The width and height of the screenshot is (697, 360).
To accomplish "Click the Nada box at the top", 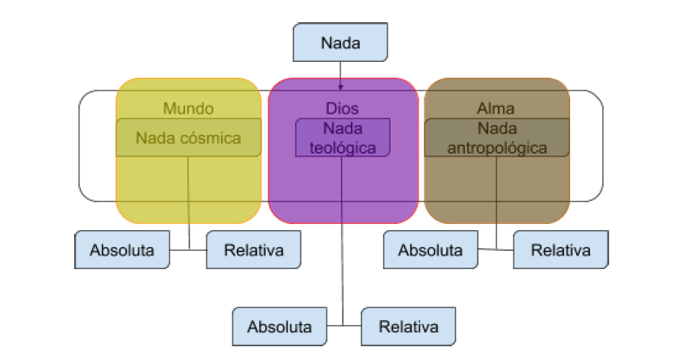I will click(340, 42).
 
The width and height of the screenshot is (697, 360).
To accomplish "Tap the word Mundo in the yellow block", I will click(188, 109).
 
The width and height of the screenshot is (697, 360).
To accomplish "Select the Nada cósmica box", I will click(188, 138).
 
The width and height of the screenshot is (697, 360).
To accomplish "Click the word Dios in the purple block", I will click(342, 109).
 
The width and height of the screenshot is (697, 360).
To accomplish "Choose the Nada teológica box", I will click(342, 138).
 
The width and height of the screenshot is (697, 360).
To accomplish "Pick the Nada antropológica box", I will click(496, 138).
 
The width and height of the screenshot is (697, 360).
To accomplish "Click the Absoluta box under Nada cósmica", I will click(122, 250).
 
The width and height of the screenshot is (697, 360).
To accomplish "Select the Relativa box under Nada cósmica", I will click(254, 250).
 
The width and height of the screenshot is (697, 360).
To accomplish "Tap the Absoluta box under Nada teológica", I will click(280, 327).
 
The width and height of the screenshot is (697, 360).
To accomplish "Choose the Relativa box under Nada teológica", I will click(409, 327).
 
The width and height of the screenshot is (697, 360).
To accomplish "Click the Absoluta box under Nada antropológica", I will click(430, 250).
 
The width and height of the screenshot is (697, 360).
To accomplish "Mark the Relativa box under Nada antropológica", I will click(561, 250).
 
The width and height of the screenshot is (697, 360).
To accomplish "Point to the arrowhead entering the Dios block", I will click(341, 87).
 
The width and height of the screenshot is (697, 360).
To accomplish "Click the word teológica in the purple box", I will click(343, 148).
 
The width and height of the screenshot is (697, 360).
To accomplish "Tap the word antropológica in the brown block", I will click(496, 148).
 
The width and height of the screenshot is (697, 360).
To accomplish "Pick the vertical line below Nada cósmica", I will click(189, 199).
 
